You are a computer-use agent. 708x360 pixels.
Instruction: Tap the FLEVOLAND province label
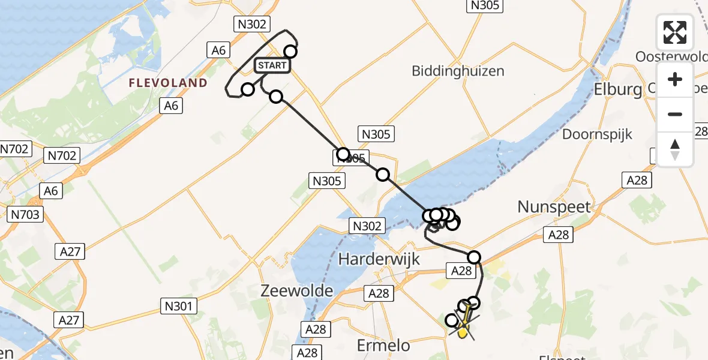pos(168,83)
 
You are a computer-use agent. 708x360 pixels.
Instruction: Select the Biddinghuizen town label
pos(458,71)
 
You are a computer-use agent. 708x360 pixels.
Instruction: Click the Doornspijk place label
pos(597,134)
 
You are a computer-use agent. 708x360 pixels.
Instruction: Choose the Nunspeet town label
pos(554,208)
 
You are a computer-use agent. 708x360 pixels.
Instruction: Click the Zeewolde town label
pos(297,291)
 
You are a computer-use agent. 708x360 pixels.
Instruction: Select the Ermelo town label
pos(383,345)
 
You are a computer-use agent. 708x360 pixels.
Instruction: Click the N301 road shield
pos(178,307)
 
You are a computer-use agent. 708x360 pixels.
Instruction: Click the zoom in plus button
pos(675,80)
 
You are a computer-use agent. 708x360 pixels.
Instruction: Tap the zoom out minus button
pos(675,114)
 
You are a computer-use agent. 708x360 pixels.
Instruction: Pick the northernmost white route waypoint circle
pos(290,52)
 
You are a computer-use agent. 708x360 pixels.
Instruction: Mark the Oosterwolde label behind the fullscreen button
pos(671,56)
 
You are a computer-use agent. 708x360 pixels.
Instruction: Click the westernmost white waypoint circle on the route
pos(248,90)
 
